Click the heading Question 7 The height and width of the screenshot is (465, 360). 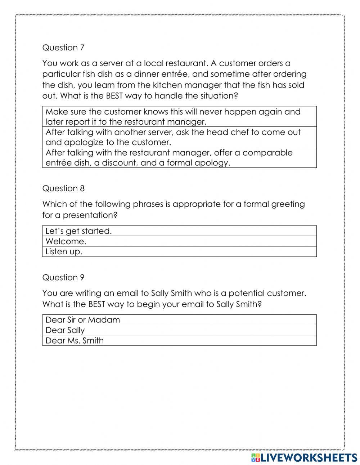point(63,48)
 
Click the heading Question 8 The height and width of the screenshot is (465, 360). point(63,188)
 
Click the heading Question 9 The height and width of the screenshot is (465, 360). point(63,277)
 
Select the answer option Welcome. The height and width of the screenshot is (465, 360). point(179,241)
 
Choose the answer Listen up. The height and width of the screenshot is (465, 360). point(179,251)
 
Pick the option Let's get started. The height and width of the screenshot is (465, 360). point(179,231)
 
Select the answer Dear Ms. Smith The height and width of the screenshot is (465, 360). point(179,340)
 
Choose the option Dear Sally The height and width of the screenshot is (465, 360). point(179,330)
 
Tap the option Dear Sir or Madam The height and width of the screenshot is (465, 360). point(179,320)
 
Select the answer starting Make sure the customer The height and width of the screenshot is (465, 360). point(179,116)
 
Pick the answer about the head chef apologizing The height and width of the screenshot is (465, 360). point(179,137)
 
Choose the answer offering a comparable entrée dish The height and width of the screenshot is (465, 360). point(179,157)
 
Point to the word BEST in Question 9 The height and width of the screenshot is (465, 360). point(96,304)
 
